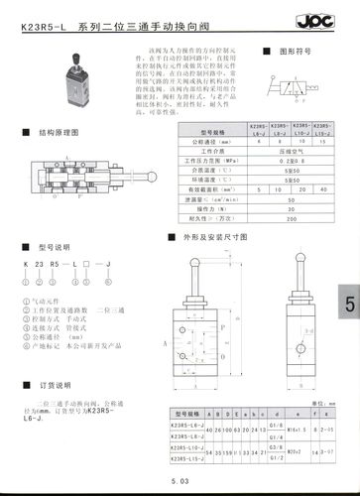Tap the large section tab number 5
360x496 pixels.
pos(349,306)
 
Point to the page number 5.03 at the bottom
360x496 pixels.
pos(180,480)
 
